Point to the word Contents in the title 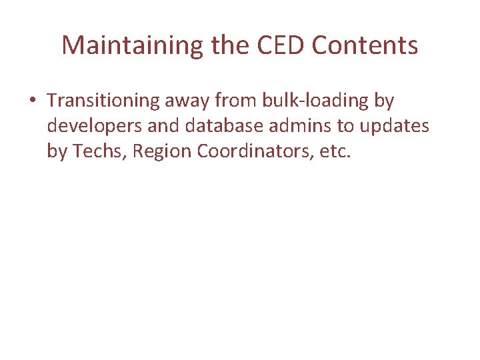[365, 45]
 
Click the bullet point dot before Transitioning [33, 101]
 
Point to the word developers [91, 125]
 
